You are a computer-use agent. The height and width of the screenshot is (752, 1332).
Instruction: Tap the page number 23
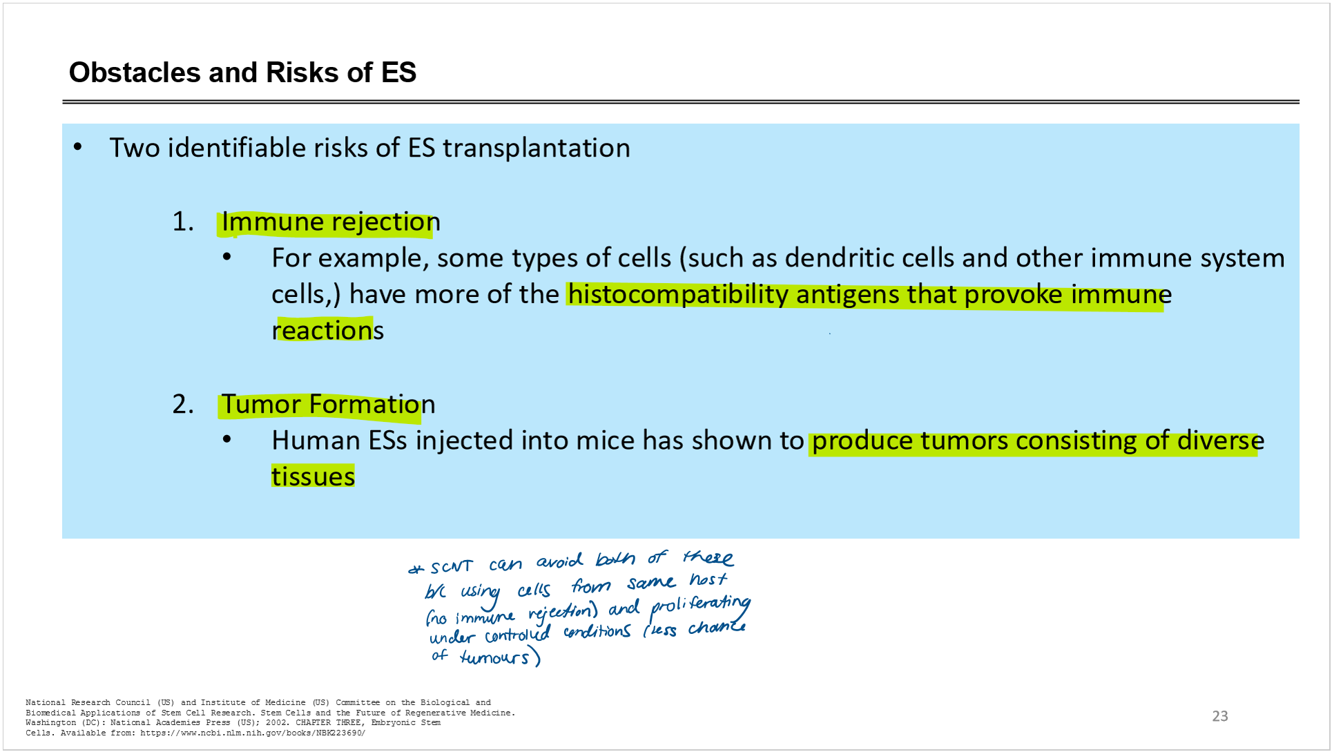click(x=1220, y=716)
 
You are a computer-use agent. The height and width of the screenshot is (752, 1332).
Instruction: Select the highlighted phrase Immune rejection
click(x=331, y=222)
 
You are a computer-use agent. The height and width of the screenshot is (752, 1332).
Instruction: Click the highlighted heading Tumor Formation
click(x=328, y=405)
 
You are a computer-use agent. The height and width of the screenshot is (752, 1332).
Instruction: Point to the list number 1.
click(x=183, y=222)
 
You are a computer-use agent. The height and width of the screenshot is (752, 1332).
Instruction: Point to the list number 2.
click(x=183, y=405)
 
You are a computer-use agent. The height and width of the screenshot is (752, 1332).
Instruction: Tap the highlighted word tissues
click(x=313, y=476)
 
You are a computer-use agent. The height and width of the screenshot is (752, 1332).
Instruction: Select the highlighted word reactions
click(x=327, y=331)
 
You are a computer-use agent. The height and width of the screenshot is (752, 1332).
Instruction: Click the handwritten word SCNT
click(x=452, y=568)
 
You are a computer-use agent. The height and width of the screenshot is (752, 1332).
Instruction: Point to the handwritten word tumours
click(x=494, y=657)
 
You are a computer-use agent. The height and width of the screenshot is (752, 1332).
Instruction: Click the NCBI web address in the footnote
click(x=253, y=733)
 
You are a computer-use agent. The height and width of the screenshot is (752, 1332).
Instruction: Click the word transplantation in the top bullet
click(x=536, y=148)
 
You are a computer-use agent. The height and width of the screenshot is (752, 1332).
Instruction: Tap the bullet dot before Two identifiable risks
click(x=78, y=147)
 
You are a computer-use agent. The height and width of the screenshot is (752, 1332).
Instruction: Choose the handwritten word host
click(x=708, y=579)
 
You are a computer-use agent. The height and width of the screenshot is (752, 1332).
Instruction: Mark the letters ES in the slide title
click(x=398, y=73)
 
